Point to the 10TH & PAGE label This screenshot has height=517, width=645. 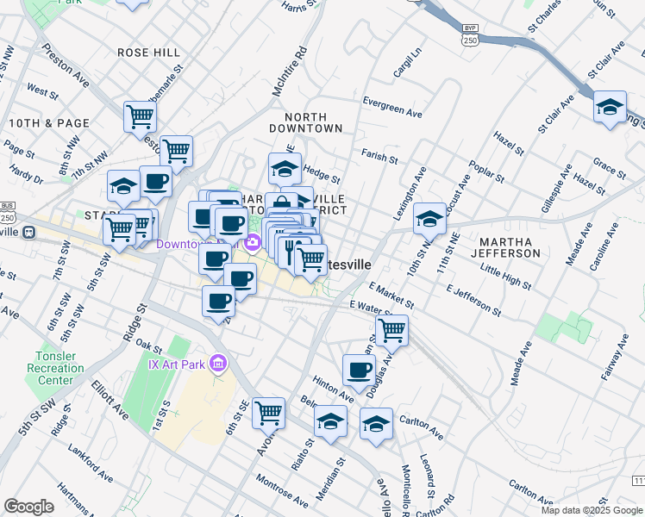tap(48, 123)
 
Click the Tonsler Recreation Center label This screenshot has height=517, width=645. tap(66, 368)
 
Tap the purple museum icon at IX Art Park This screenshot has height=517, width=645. tap(219, 364)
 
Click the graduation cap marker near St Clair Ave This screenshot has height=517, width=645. tap(610, 107)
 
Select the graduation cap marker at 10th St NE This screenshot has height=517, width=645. tap(429, 219)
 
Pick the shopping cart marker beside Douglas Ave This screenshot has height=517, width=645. tap(391, 328)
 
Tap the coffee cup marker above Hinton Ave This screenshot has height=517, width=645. tap(359, 371)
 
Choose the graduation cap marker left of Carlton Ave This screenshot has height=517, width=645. tap(376, 424)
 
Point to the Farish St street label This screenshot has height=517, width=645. tap(379, 158)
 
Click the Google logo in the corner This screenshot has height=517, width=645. tap(29, 507)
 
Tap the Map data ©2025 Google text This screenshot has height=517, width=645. tap(592, 510)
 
